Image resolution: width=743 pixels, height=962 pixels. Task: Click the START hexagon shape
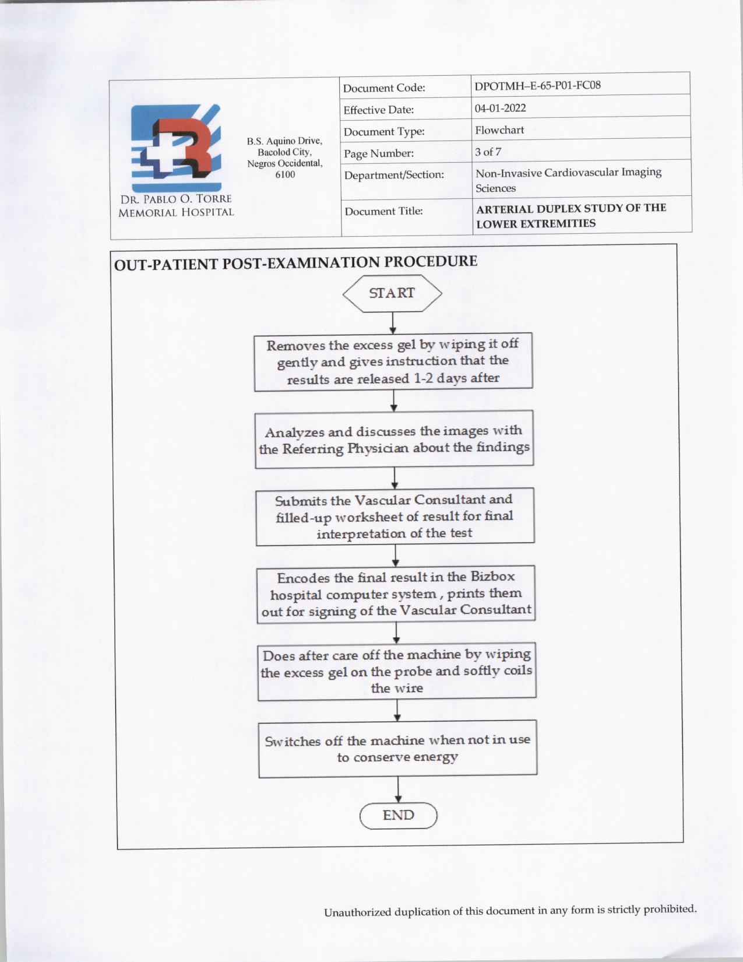click(392, 293)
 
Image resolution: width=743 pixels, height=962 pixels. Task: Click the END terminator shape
click(399, 815)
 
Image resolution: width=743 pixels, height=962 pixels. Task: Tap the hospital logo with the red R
click(175, 148)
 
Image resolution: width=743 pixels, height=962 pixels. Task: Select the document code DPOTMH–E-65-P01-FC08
click(537, 86)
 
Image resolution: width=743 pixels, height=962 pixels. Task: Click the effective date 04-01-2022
click(500, 108)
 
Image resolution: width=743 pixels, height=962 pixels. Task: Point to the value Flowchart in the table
click(499, 130)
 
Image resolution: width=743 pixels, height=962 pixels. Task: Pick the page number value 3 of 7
click(488, 152)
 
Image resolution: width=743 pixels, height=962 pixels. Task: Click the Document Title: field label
click(383, 211)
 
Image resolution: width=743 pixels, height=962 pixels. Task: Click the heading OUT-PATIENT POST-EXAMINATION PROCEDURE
click(295, 262)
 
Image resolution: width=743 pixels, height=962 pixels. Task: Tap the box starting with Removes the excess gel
click(393, 361)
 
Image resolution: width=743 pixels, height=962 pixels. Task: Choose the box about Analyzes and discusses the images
click(395, 440)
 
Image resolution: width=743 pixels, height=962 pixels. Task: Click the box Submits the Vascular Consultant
click(395, 517)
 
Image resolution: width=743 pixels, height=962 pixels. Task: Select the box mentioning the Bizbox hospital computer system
click(396, 594)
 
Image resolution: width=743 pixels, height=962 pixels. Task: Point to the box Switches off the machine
click(397, 749)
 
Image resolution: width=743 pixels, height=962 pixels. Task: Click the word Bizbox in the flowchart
click(492, 577)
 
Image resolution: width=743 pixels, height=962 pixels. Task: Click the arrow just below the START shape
click(393, 323)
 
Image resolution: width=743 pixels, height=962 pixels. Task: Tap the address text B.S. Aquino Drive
click(284, 141)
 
